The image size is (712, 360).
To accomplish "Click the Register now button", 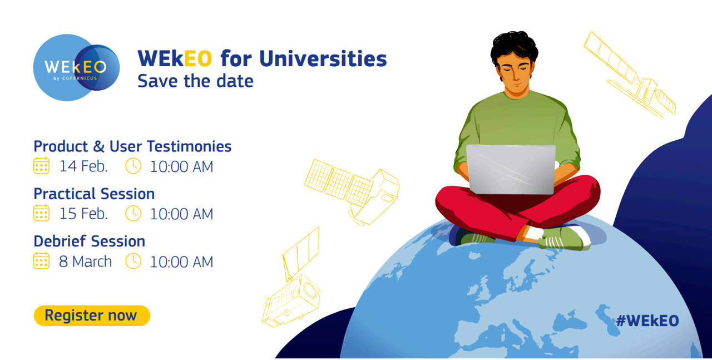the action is point(92,315).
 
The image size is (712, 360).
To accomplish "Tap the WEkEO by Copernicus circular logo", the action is point(76,68).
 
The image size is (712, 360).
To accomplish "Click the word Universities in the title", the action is point(323,59).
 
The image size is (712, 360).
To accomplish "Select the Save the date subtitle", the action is point(195,81).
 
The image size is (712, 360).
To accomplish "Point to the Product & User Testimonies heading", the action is point(132,146).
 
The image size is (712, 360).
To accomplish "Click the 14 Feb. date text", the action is point(83,166).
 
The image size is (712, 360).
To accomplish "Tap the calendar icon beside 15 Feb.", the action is point(41,213).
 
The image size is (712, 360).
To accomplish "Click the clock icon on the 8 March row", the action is point(133,261).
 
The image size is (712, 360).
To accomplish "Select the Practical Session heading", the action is point(94,194).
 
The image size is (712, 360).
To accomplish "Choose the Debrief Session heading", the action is point(90,241).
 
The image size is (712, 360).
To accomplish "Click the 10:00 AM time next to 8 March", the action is point(181,262).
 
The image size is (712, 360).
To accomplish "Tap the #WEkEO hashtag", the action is point(647,320).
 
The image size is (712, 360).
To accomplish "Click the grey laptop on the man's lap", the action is point(511,169).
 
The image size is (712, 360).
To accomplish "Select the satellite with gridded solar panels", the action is point(352,191).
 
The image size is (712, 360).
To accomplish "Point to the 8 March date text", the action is point(85,262).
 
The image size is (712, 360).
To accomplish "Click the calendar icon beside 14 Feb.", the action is point(41,166).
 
